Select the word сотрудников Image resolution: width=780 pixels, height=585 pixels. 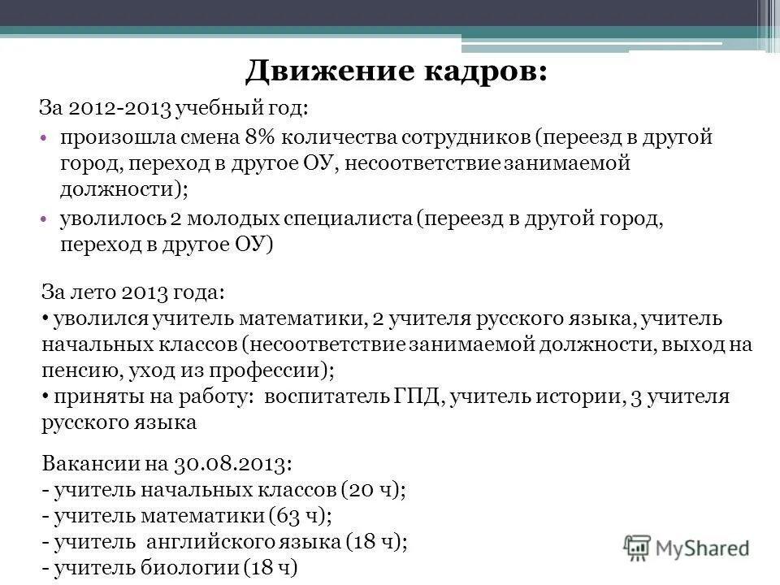coord(461,136)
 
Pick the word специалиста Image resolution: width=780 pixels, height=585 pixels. coord(348,219)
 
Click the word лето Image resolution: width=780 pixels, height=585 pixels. coord(94,291)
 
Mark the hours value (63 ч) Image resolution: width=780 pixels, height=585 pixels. coord(298,516)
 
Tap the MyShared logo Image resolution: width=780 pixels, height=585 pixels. coord(687,547)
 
